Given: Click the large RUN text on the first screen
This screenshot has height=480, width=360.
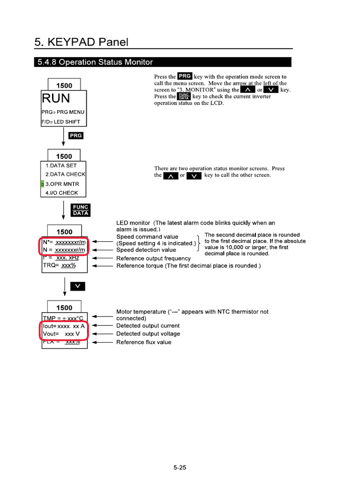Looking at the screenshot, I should pos(56,98).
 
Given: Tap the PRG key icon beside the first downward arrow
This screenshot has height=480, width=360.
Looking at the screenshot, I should pos(75,135).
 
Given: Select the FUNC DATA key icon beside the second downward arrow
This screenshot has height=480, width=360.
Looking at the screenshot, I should pos(80,210).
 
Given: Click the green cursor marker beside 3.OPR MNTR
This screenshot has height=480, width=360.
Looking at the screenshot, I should pos(42,184).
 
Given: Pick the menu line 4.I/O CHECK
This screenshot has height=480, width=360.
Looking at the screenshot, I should pos(61,193).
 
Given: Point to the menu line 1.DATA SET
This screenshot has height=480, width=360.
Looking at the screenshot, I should pos(60,165).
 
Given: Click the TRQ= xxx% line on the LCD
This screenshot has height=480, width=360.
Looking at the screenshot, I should pos(59,265).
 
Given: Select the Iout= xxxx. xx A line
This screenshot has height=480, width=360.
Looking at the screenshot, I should pos(64,325).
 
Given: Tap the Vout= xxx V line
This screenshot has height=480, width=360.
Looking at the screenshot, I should pos(59,334).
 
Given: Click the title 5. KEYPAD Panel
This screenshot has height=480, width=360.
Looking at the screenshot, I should pos(81,42).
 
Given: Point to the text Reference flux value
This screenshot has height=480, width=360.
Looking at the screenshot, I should pos(143,342).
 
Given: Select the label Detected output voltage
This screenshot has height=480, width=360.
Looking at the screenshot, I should pos(148,334).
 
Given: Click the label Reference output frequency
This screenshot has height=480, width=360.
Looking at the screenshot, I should pos(153,258).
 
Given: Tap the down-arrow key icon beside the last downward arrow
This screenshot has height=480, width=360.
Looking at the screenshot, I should pos(78,286).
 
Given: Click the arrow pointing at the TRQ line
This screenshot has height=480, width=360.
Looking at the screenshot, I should pos(101,266).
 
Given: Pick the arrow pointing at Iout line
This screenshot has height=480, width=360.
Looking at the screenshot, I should pos(101,325).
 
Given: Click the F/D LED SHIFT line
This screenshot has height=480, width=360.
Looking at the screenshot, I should pos(61,122).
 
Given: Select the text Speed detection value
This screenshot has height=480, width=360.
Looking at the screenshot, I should pos(146,250).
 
